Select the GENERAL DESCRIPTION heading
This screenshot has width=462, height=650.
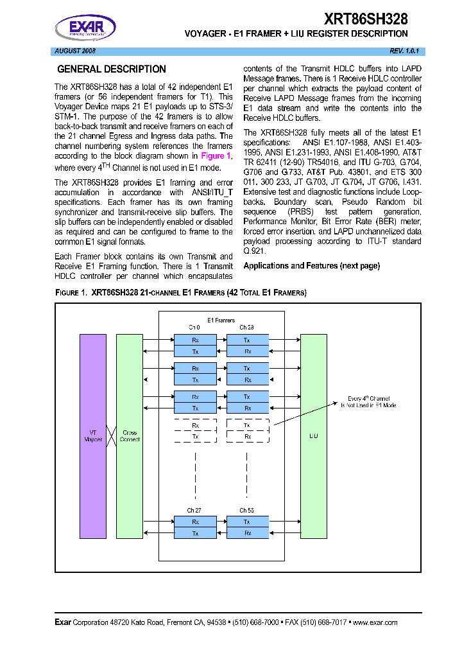tap(112, 69)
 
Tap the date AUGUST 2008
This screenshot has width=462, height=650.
tap(74, 51)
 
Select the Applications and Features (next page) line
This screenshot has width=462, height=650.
tap(312, 265)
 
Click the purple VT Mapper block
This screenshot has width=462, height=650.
tap(93, 435)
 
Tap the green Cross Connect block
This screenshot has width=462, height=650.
tap(130, 435)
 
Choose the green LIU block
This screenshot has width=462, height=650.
tap(314, 435)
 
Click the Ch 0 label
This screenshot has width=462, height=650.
tap(194, 328)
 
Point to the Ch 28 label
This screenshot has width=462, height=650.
tap(247, 328)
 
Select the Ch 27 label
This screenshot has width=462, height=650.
tap(194, 510)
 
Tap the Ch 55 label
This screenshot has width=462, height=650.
tap(247, 510)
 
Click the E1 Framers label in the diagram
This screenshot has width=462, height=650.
tap(221, 320)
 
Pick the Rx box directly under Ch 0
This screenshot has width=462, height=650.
tap(195, 339)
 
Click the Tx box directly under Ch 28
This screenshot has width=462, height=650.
tap(247, 339)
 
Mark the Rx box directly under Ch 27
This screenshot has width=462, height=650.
tap(195, 522)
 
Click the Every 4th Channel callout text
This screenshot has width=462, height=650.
tap(368, 402)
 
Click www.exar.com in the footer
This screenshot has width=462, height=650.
tap(375, 622)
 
